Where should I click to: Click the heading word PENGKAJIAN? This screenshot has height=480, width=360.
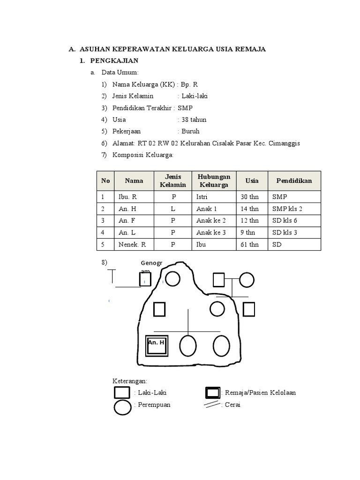tap(114, 61)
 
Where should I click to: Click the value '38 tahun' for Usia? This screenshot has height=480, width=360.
tap(194, 120)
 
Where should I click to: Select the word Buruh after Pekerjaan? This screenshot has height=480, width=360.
tap(190, 131)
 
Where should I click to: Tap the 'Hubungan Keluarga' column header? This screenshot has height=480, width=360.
tap(214, 181)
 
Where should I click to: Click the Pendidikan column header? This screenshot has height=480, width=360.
tap(294, 181)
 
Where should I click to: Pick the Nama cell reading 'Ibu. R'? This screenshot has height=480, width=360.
tap(127, 197)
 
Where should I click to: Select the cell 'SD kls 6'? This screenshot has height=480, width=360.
tap(285, 221)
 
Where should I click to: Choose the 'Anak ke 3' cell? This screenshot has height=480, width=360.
tap(211, 232)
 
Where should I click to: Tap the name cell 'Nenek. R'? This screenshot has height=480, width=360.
tap(133, 245)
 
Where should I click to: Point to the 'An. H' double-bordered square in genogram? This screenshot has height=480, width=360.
tap(157, 346)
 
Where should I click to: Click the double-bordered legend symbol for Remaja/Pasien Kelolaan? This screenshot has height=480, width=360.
tap(213, 393)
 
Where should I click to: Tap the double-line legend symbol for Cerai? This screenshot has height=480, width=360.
tap(213, 405)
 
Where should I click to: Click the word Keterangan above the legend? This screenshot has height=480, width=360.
tap(130, 381)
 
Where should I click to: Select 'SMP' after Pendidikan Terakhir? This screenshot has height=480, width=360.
tap(185, 108)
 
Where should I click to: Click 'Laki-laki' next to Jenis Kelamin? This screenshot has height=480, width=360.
tap(195, 96)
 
